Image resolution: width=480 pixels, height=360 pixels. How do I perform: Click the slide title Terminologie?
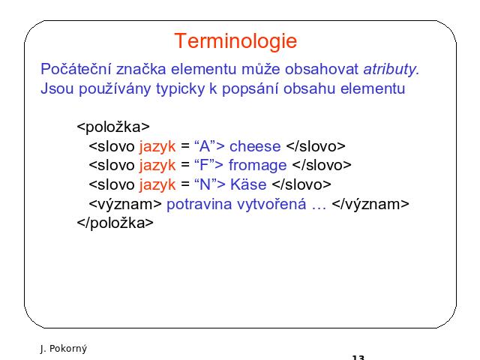coord(235,41)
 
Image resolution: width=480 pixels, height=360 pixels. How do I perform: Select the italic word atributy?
coord(391,70)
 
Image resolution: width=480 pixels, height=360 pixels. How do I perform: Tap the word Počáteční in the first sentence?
coord(76,68)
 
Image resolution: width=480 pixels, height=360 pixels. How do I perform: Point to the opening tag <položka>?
coord(113,127)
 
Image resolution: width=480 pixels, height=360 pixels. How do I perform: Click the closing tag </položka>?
coord(115,223)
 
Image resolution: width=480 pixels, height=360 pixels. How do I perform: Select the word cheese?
coord(255,146)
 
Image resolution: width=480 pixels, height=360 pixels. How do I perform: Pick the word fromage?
coord(258,166)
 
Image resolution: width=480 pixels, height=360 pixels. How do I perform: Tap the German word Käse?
coord(248,184)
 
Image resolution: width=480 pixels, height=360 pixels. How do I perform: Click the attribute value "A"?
coord(205,146)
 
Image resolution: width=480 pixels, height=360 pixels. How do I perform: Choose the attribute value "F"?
coord(205,165)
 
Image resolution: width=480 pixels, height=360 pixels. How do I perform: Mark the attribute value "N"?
coord(205,184)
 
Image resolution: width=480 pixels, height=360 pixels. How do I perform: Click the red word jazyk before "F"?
coord(157,166)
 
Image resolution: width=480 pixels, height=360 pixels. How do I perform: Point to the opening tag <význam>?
coord(125,204)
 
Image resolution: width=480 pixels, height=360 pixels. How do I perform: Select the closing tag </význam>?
coord(370,204)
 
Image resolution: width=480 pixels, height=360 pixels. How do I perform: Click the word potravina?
coord(199,204)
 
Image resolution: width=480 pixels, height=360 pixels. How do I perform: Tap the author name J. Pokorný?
coord(63,349)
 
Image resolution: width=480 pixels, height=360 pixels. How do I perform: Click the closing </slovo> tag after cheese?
coord(316,146)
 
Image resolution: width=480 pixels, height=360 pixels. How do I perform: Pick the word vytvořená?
coord(271,204)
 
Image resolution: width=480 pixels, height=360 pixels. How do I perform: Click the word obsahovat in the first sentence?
coord(322,69)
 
